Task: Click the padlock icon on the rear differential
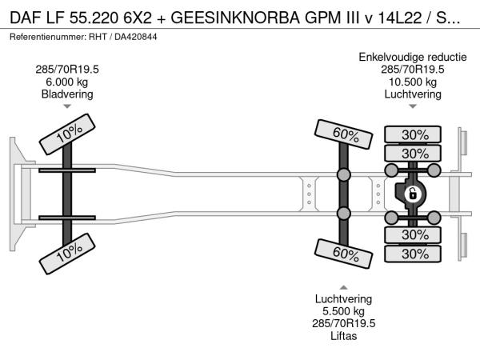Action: tap(412, 194)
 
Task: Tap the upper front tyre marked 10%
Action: tap(67, 134)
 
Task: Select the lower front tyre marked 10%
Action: tap(67, 254)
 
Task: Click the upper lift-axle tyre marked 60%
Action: tap(343, 134)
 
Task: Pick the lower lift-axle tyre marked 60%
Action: tap(343, 254)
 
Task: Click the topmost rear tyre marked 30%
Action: tap(413, 134)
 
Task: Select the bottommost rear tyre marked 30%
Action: tap(413, 254)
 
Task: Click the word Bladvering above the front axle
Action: tap(67, 94)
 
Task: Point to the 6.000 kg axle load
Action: tap(67, 82)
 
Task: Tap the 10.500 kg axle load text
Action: tap(413, 82)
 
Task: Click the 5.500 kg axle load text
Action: tap(343, 311)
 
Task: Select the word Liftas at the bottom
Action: tap(343, 336)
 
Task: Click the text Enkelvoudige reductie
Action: tap(413, 57)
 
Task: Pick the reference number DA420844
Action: tap(136, 37)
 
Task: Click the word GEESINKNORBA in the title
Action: tap(234, 18)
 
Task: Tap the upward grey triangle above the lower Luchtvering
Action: tap(343, 287)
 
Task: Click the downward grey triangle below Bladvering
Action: tap(67, 106)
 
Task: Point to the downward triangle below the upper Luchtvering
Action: tap(413, 106)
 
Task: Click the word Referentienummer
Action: tap(47, 37)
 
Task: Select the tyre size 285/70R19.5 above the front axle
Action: tap(67, 69)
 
